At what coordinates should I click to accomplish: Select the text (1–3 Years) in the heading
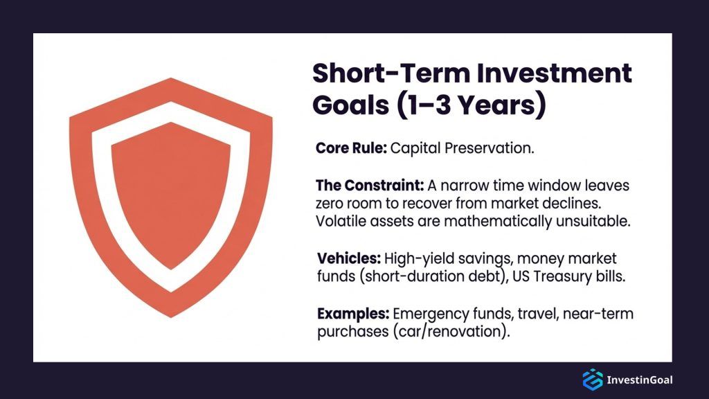(x=472, y=105)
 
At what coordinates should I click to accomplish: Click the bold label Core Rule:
(x=351, y=148)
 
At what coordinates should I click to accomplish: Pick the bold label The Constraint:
(x=370, y=186)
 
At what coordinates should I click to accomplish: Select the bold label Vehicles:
(x=349, y=258)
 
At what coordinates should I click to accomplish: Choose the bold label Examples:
(x=353, y=314)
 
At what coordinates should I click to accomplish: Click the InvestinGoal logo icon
(x=593, y=380)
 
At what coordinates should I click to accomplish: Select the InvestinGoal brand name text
(x=639, y=380)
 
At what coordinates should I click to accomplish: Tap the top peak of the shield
(x=171, y=78)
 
